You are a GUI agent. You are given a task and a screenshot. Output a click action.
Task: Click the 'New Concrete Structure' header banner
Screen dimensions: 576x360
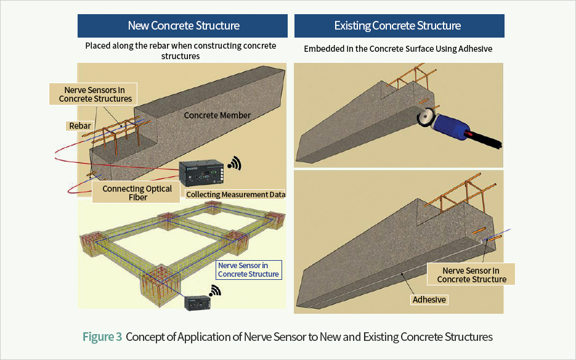coord(182,26)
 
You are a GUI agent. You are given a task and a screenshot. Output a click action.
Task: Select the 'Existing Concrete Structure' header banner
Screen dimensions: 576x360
coord(399,26)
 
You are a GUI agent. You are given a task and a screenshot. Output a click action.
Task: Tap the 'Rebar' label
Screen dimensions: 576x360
coord(79,126)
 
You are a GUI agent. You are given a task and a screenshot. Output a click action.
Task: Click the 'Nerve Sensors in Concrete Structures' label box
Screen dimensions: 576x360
coord(93,94)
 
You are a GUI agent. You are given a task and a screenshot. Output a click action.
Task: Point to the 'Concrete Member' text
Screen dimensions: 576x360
coord(217,115)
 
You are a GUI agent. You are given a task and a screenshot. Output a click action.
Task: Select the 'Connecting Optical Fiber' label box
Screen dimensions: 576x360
coord(136,192)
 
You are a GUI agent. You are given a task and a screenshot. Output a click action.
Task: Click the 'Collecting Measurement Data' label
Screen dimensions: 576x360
coord(235,195)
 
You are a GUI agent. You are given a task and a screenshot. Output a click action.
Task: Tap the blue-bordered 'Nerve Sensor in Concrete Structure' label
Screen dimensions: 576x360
coord(249,270)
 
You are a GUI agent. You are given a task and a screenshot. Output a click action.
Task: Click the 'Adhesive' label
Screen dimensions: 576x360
coord(429,300)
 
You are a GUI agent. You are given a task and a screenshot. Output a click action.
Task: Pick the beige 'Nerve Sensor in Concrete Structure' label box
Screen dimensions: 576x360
coord(471,274)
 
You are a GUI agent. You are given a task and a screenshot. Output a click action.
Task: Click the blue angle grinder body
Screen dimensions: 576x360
coord(451,127)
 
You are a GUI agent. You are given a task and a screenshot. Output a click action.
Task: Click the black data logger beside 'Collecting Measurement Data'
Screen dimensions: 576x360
coord(201,174)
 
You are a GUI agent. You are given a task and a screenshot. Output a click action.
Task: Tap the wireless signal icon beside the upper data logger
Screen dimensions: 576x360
coord(235,163)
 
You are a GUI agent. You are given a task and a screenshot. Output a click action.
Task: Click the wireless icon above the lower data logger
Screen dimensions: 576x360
coord(215,290)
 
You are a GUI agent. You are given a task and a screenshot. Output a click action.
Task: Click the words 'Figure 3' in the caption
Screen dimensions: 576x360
coord(102,337)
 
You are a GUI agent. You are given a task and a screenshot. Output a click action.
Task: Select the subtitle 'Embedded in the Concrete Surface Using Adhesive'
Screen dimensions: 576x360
coord(398,49)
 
